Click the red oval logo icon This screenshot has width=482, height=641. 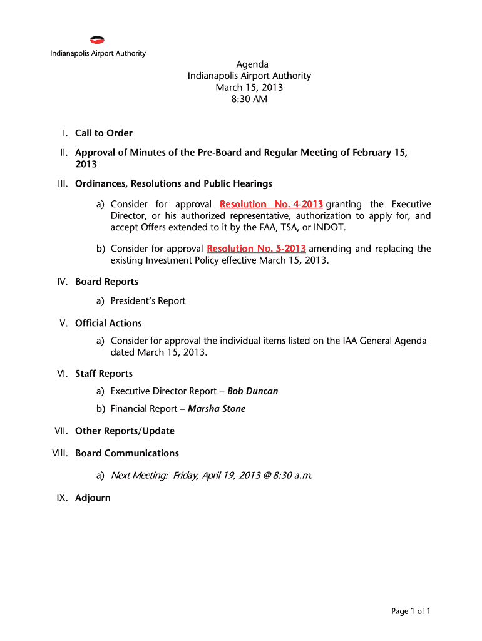(97, 40)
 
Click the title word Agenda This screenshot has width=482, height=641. (252, 64)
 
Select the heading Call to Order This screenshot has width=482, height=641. (104, 133)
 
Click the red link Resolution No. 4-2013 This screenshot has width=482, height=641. (271, 205)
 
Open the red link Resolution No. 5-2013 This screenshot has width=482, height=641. (256, 249)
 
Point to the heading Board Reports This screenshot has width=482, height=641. (106, 282)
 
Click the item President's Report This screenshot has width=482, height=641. (148, 301)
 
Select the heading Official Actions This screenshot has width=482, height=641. (108, 323)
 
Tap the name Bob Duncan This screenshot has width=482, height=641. (252, 391)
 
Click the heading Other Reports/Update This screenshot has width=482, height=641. (125, 431)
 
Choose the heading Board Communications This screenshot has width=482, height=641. (127, 453)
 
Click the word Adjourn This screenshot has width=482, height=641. (93, 498)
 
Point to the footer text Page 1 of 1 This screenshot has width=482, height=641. (411, 612)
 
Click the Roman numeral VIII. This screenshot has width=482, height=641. (61, 453)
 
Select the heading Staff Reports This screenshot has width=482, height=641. (104, 374)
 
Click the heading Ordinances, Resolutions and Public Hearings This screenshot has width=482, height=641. (173, 184)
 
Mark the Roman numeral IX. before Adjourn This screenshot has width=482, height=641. (64, 498)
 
